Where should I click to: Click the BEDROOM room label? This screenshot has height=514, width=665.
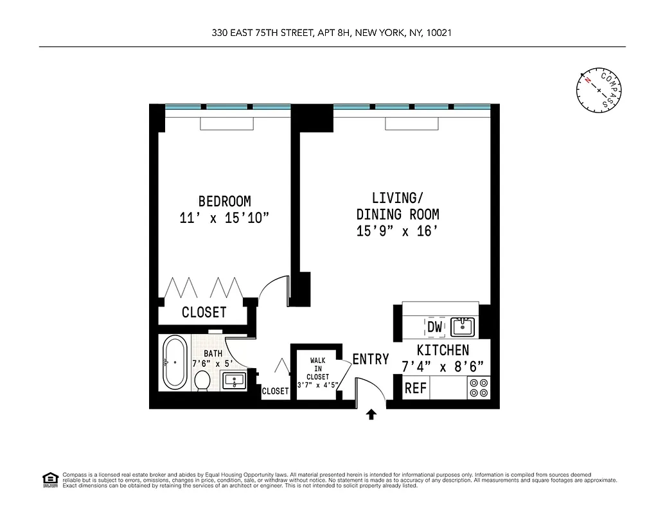click(x=224, y=201)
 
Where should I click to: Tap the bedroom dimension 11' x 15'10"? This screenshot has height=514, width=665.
click(x=224, y=218)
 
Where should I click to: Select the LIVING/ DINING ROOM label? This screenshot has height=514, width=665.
click(x=398, y=206)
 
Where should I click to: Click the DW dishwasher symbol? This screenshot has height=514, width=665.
click(x=435, y=327)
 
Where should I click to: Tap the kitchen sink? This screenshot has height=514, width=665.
click(x=463, y=327)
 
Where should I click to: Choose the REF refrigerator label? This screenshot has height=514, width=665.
click(x=416, y=389)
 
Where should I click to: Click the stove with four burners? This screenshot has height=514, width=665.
click(x=479, y=388)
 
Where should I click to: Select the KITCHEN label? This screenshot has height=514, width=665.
click(x=443, y=350)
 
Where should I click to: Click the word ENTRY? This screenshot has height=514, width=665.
click(x=371, y=359)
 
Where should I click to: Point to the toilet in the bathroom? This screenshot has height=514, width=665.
click(x=202, y=379)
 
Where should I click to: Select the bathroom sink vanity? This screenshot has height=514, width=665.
click(x=234, y=380)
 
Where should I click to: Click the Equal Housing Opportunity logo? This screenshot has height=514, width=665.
click(x=49, y=479)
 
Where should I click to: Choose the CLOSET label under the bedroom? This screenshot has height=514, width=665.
click(x=204, y=313)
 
